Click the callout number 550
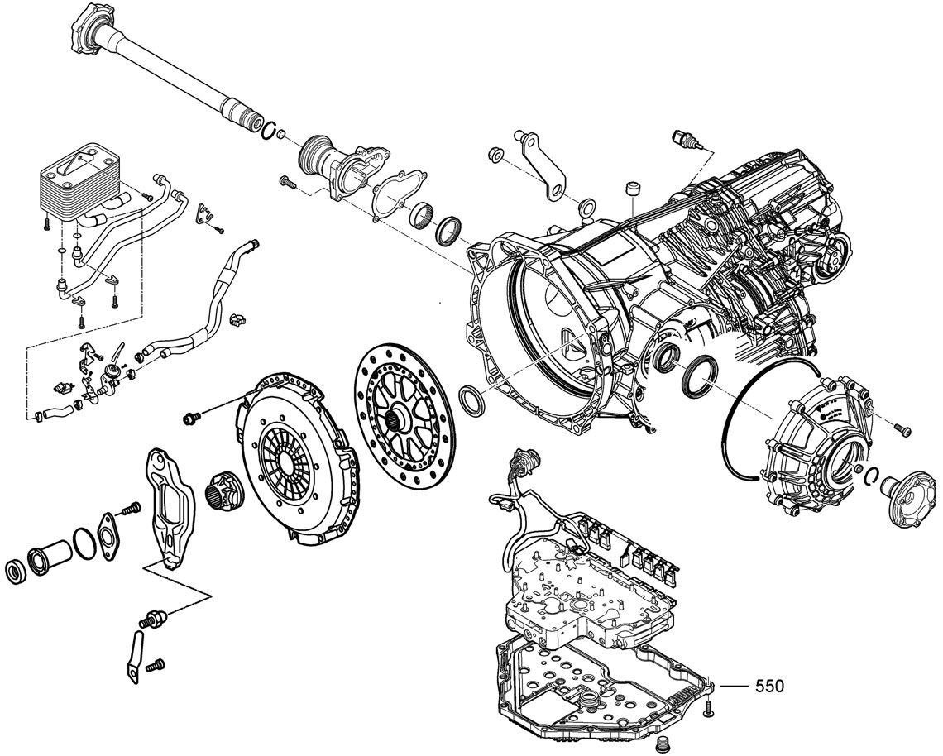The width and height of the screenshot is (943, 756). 768,686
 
